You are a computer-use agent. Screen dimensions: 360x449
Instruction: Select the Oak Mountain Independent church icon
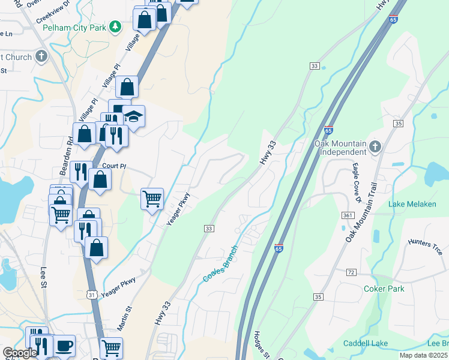tap(375, 146)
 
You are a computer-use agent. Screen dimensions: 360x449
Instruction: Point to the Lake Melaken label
tap(412, 204)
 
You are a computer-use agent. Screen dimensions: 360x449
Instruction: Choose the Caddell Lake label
tap(365, 343)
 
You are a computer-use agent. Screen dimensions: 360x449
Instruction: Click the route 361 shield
tap(348, 215)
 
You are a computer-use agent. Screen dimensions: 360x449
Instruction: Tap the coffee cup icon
tap(64, 347)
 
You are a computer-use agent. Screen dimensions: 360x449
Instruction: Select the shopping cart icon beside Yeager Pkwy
tap(152, 198)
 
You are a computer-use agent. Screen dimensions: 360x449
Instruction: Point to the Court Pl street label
tap(113, 166)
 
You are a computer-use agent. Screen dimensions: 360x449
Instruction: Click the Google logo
tap(20, 353)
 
